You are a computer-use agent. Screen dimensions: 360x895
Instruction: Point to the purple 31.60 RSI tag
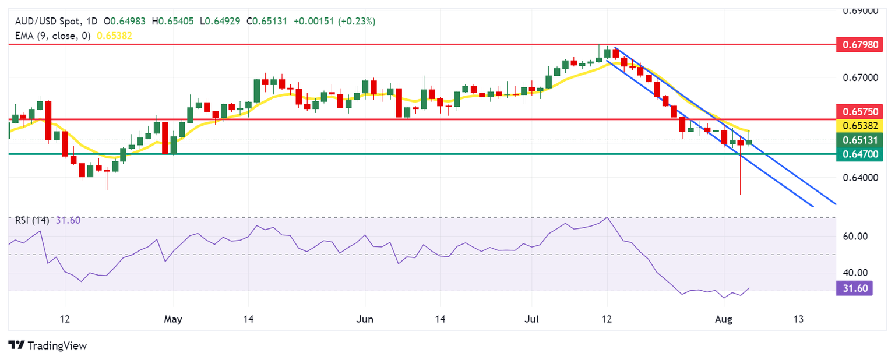coord(854,288)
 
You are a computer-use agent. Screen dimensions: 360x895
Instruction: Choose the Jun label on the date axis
coord(364,319)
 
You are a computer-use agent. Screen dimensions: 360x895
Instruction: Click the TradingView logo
coord(48,345)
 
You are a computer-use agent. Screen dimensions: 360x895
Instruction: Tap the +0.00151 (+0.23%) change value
coord(334,22)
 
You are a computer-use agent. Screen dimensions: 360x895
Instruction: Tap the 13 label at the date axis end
coord(799,319)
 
